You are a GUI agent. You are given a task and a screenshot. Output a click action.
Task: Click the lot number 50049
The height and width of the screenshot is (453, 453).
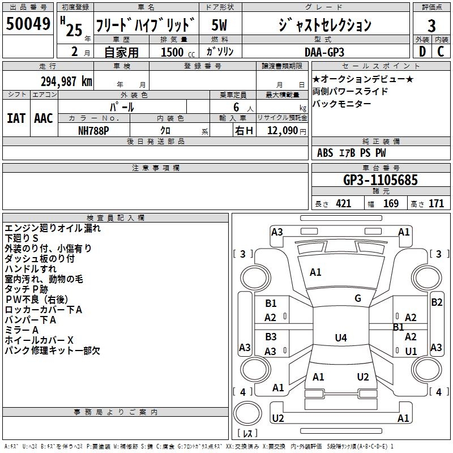tap(28, 23)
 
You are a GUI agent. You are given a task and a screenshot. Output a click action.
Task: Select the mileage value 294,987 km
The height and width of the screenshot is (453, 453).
tap(66, 82)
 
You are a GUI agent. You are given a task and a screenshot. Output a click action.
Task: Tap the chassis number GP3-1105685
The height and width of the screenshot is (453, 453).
tap(381, 180)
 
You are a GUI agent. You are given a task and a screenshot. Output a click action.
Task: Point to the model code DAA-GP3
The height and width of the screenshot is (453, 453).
tap(324, 52)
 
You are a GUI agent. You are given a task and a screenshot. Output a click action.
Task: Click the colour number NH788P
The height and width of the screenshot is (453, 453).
tap(93, 131)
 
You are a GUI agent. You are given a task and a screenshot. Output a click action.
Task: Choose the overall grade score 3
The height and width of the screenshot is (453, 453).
tap(431, 25)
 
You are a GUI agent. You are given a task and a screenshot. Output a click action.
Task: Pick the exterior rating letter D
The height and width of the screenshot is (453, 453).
tap(422, 52)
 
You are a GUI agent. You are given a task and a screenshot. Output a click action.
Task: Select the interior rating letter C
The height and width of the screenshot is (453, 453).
tap(441, 52)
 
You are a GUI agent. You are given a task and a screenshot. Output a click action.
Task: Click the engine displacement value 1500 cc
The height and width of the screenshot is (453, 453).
tap(178, 52)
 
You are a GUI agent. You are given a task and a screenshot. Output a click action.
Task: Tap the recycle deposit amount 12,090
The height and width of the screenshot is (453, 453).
tap(283, 130)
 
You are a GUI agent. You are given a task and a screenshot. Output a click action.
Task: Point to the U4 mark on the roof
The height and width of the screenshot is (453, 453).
tap(341, 337)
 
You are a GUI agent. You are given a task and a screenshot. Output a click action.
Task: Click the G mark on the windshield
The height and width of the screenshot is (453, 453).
tap(358, 298)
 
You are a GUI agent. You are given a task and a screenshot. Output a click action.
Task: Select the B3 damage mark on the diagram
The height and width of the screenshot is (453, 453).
tap(271, 336)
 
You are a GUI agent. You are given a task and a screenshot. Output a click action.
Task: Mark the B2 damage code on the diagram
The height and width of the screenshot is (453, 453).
tap(437, 302)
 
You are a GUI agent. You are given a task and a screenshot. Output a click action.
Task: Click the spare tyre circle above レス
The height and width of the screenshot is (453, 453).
tap(247, 413)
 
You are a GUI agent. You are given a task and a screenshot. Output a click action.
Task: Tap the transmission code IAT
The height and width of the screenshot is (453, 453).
tap(16, 118)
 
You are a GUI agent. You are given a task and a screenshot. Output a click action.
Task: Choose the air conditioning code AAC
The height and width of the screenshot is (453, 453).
tap(44, 118)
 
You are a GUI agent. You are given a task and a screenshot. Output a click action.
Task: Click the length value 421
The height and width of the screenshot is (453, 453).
tap(344, 204)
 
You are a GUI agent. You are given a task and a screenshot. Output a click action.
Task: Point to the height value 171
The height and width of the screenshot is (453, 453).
tap(436, 204)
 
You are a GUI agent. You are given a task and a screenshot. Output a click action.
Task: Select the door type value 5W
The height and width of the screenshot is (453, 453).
tap(219, 25)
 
